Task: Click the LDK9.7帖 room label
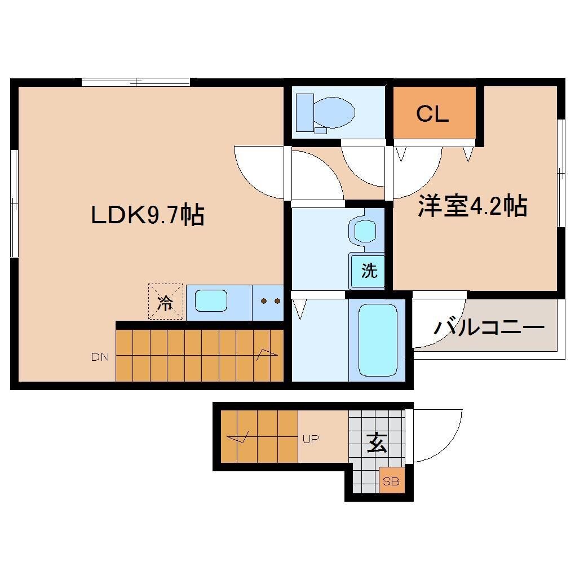147,215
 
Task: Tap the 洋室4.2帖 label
472,206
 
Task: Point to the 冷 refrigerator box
165,302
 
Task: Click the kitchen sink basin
211,301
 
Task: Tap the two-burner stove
269,301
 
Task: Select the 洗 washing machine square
369,271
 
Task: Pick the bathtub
377,340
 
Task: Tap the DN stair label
100,357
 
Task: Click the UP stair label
311,439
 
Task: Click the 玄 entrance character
377,444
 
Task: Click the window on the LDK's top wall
135,82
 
